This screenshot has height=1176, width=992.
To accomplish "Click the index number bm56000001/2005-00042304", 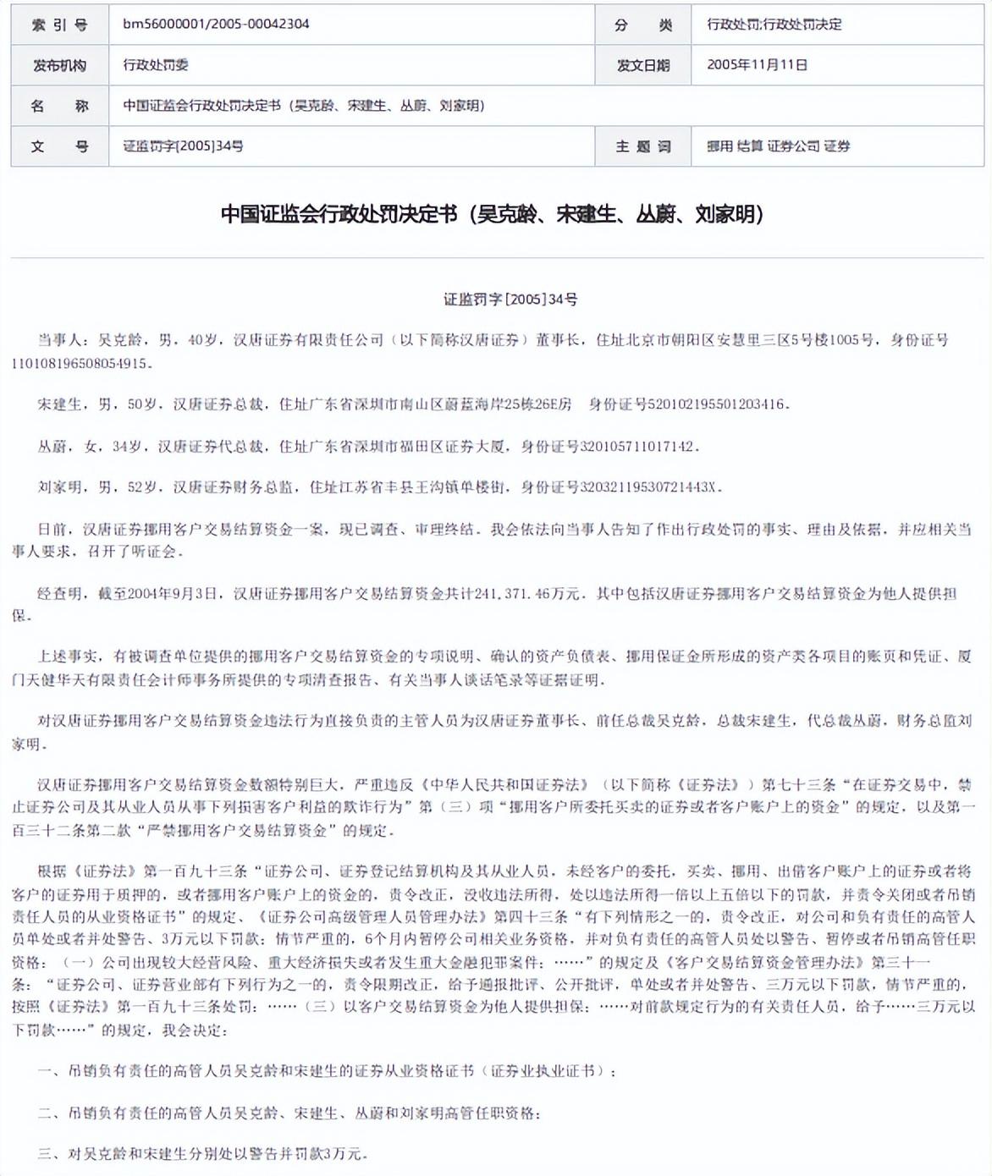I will pos(216,25).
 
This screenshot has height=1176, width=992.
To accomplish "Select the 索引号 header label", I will pos(59,25).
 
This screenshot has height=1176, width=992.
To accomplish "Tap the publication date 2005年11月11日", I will pos(757,65).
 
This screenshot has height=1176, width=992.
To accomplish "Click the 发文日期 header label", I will pos(643,65).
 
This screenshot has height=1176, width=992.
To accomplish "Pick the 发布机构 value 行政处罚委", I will pos(156,65).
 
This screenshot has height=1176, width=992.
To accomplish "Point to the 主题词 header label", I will pos(643,146).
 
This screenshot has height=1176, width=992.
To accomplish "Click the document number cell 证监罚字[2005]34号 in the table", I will pos(183,146).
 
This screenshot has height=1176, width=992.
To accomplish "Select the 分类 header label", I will pos(643,25).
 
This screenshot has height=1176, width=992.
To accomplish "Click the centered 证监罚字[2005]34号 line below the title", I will pos(510,299).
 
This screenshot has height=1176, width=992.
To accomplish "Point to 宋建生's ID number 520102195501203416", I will pos(715,404).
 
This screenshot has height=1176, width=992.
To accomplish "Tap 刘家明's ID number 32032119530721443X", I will pos(648,487).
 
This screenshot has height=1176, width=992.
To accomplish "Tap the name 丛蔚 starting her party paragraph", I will pos(52,446).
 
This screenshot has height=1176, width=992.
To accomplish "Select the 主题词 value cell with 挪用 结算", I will pos(778,146).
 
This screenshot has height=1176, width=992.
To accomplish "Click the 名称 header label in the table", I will pos(59,106).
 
